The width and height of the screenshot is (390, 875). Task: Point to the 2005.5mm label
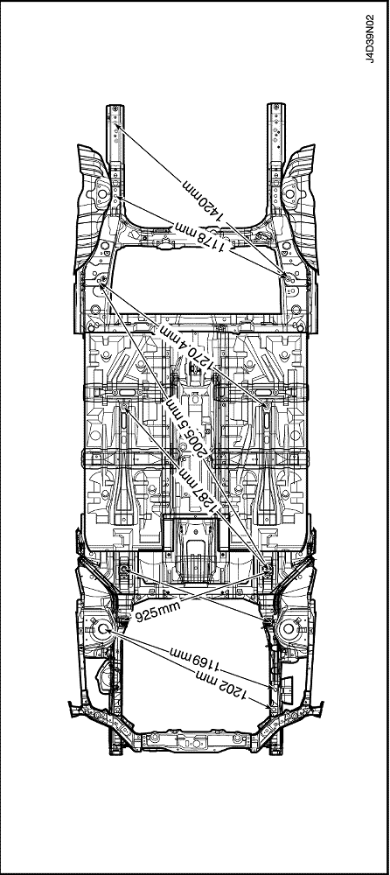[x=185, y=429]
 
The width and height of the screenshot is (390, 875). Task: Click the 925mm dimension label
[x=158, y=612]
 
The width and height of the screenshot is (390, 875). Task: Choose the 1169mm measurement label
[x=195, y=659]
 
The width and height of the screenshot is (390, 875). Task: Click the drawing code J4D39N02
[x=371, y=38]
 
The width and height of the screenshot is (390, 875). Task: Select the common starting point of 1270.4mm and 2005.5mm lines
[x=102, y=283]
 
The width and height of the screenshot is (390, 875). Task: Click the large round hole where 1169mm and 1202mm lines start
[x=102, y=629]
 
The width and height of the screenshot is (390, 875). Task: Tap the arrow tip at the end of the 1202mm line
[x=274, y=708]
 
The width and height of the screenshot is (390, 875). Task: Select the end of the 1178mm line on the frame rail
[x=116, y=198]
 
